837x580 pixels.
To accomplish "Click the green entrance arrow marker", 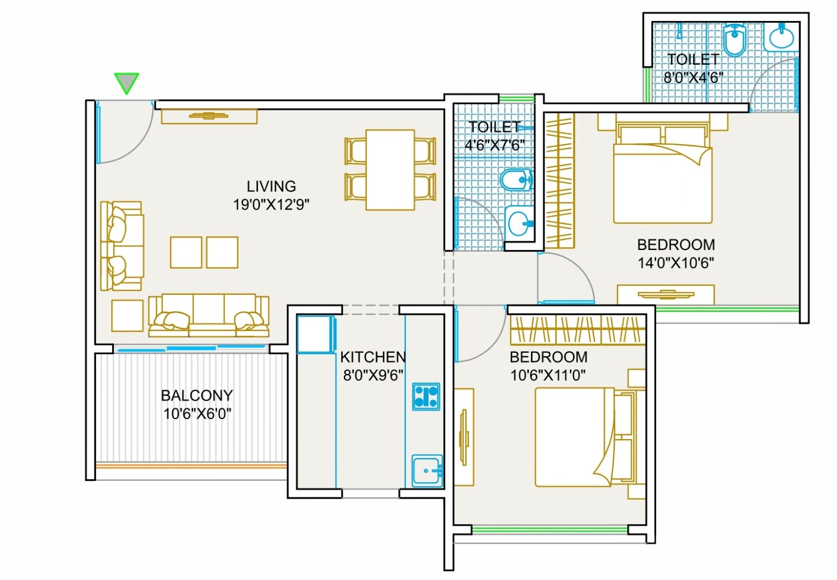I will tap(127, 83).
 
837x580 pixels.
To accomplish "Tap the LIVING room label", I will tap(271, 186).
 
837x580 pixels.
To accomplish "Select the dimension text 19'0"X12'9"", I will tap(271, 205).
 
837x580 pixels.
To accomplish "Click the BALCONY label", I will tap(197, 395).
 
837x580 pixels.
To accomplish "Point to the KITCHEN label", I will tap(373, 357).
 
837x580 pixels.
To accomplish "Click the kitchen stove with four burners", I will tap(426, 396).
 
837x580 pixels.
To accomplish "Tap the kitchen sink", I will tap(427, 470).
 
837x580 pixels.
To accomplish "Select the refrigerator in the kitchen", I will tap(316, 335).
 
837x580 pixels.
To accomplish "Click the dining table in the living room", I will tap(390, 170).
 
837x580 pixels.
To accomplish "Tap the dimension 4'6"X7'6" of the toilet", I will tap(494, 145).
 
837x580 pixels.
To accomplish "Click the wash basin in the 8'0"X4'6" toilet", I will tap(781, 37).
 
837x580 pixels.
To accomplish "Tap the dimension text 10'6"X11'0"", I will tap(548, 375).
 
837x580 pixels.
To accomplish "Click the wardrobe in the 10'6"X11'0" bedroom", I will tap(577, 330).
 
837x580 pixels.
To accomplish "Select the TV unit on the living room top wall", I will tap(209, 116).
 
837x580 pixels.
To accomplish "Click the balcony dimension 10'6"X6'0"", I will tap(197, 414).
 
